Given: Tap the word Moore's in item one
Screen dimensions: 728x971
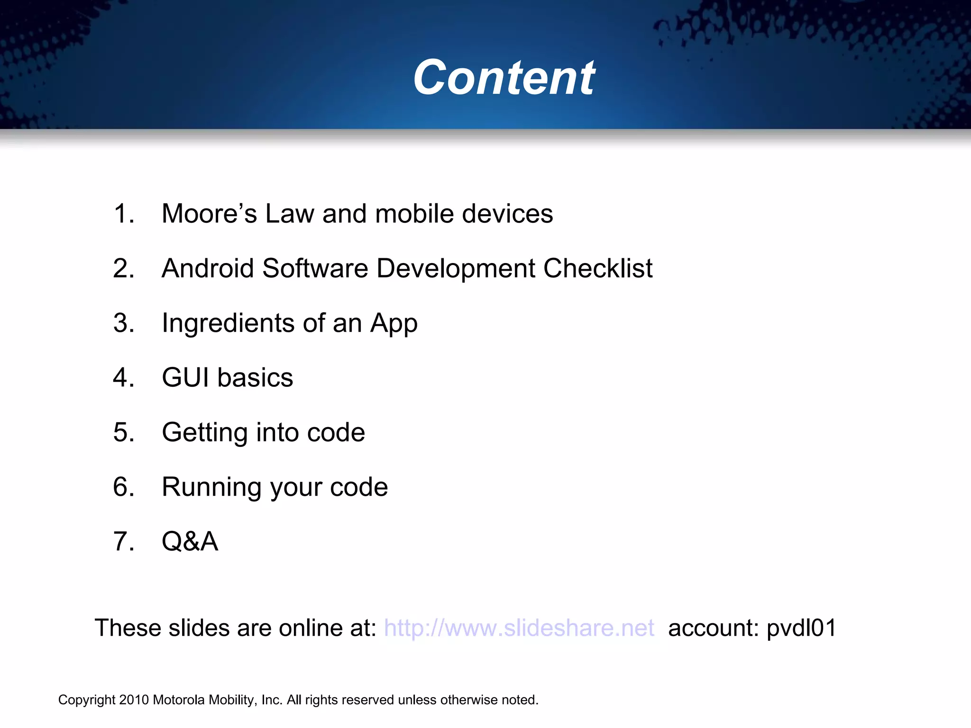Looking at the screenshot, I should [x=209, y=214].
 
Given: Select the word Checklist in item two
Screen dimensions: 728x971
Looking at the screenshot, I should [x=598, y=269].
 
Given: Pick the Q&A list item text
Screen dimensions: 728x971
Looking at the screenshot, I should [x=190, y=542].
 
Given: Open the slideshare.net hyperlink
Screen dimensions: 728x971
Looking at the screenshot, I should [x=519, y=628].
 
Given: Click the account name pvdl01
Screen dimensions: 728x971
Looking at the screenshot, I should [x=801, y=628].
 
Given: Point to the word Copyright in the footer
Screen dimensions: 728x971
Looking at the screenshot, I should [x=87, y=700].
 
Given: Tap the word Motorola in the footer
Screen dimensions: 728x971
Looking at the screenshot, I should [x=180, y=700].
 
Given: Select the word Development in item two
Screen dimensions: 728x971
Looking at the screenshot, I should [x=455, y=269].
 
